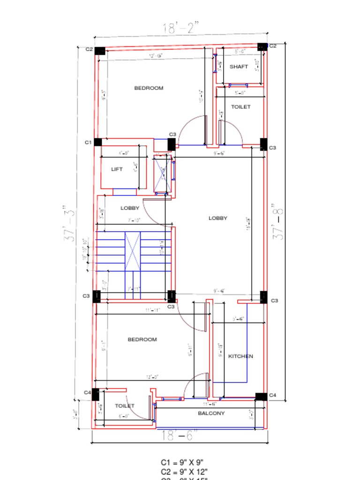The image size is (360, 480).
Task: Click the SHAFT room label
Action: click(239, 67)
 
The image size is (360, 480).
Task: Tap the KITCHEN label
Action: click(240, 356)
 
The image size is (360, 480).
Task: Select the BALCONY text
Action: click(211, 413)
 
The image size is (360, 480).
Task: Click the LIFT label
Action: click(117, 169)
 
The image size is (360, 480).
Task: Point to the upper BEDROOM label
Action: click(149, 88)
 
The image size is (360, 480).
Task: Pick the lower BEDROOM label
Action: click(142, 339)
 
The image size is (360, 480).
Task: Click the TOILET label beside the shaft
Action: click(240, 107)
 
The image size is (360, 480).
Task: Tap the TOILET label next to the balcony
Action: click(125, 406)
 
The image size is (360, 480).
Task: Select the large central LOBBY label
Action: click(218, 218)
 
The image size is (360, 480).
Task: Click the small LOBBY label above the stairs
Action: click(130, 208)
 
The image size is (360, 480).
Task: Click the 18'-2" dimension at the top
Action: click(180, 28)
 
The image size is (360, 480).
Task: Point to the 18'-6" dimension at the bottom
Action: click(179, 435)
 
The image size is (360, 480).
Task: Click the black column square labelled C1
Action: click(98, 142)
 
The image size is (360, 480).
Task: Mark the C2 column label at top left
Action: click(89, 49)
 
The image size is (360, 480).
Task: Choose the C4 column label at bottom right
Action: click(273, 396)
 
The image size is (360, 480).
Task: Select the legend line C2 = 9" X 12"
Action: click(184, 471)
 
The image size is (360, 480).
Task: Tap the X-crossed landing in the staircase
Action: click(133, 251)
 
